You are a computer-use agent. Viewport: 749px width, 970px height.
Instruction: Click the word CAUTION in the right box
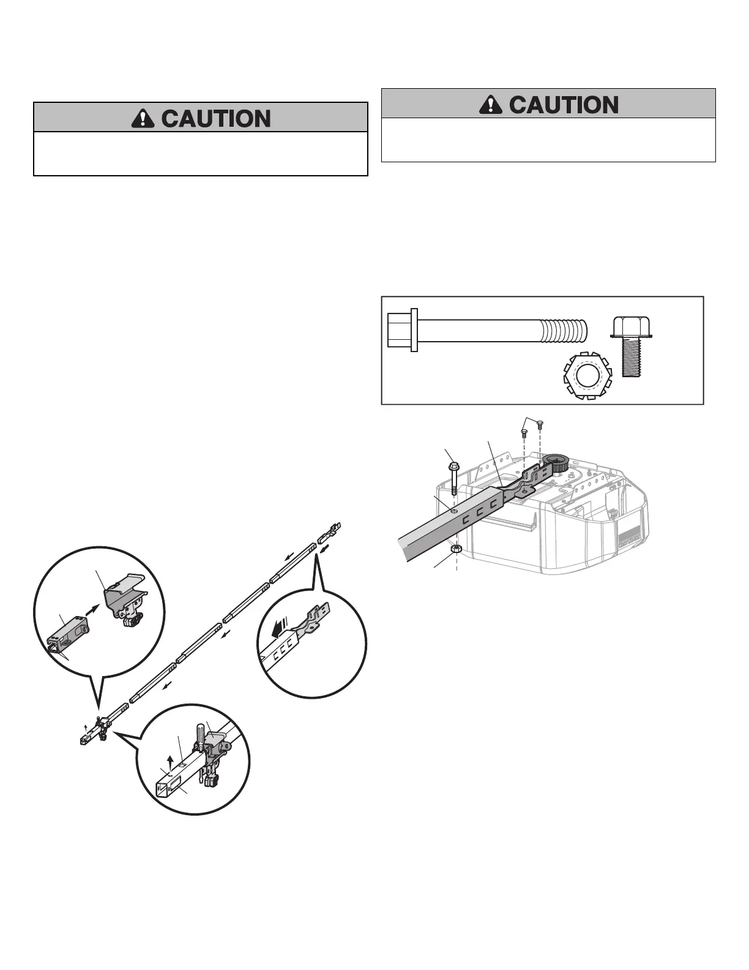pyautogui.click(x=564, y=105)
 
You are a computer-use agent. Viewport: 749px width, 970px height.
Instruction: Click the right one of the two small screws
pyautogui.click(x=540, y=425)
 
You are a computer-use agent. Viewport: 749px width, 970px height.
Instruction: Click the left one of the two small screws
pyautogui.click(x=524, y=433)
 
